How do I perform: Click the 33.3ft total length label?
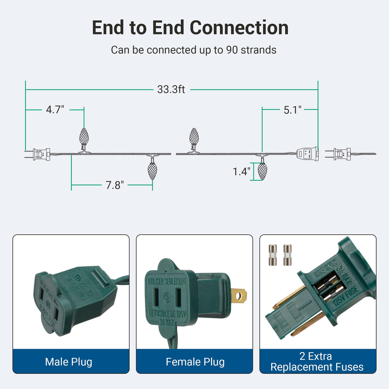coord(171,89)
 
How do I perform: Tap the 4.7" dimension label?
coord(55,110)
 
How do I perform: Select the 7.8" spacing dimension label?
coord(115,185)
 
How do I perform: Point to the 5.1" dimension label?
coord(292,110)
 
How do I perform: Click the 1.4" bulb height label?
coord(242,171)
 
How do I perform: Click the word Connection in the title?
coord(239,28)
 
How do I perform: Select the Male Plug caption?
coord(69,362)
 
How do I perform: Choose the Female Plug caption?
coord(195,362)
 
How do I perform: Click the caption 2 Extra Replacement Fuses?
coord(317,361)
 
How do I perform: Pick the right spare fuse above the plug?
coord(287,255)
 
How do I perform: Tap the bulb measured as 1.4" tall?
coord(262,171)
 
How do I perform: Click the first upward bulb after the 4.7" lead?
coord(84,137)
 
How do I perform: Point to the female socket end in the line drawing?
coord(307,154)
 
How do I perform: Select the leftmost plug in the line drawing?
coord(38,154)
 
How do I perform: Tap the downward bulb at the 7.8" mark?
coord(152,171)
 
